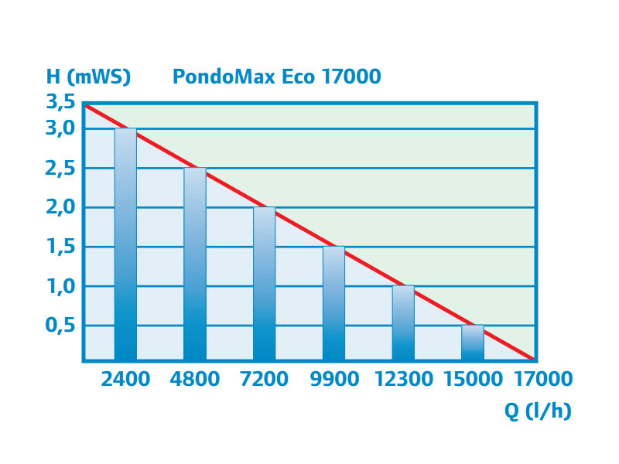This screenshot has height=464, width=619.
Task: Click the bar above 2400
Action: click(125, 244)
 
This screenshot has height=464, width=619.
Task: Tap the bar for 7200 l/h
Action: click(265, 284)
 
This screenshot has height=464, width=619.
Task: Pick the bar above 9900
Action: click(333, 304)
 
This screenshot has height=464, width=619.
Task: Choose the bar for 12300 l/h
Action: click(403, 323)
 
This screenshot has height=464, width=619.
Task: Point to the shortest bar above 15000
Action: click(473, 343)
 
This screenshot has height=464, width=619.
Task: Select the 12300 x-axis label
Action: click(403, 379)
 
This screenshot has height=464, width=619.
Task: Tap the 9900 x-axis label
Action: click(333, 379)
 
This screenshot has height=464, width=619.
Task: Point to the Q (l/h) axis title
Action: click(539, 411)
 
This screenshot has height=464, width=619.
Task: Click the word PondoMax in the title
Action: click(217, 77)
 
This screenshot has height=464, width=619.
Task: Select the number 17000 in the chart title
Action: click(347, 77)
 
